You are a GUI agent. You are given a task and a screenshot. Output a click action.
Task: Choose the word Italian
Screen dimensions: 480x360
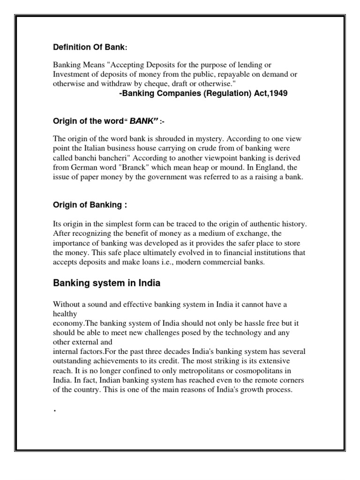tap(89, 148)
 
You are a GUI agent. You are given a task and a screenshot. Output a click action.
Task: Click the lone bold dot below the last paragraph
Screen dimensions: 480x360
tap(55, 410)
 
